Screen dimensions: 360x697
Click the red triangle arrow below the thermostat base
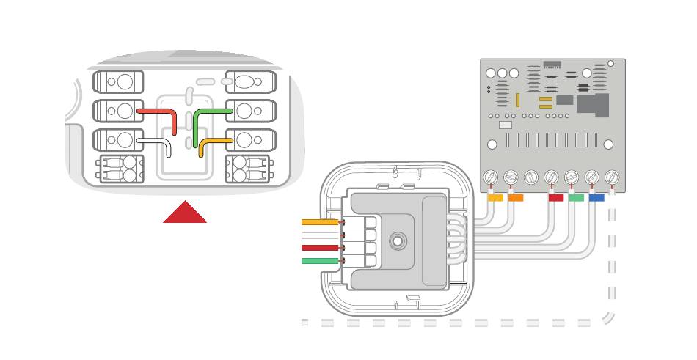pyautogui.click(x=184, y=213)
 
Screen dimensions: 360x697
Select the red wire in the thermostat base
pyautogui.click(x=158, y=111)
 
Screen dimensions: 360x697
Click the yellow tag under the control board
pyautogui.click(x=496, y=197)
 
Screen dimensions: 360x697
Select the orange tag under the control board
pyautogui.click(x=516, y=197)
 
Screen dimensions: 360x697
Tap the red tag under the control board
pyautogui.click(x=556, y=197)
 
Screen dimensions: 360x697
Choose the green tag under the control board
pyautogui.click(x=576, y=197)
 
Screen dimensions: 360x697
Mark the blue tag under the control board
pyautogui.click(x=596, y=197)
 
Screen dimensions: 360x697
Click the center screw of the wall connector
pyautogui.click(x=398, y=240)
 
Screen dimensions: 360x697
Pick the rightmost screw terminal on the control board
pyautogui.click(x=612, y=177)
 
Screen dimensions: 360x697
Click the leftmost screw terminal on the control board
pyautogui.click(x=492, y=177)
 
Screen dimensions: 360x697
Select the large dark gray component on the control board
pyautogui.click(x=593, y=104)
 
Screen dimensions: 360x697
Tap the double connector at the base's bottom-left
pyautogui.click(x=118, y=169)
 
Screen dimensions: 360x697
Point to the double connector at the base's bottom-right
pyautogui.click(x=250, y=169)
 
